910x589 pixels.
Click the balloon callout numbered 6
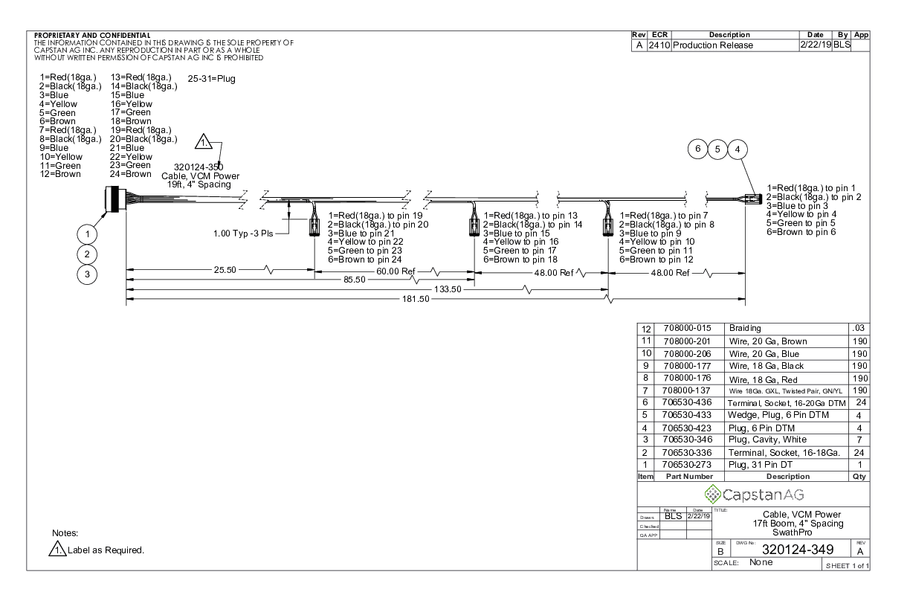click(x=697, y=149)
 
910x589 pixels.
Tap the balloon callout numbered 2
click(x=87, y=254)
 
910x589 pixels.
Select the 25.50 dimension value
click(x=225, y=270)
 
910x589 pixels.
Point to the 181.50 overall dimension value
click(x=416, y=299)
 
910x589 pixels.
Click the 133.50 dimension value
click(x=448, y=289)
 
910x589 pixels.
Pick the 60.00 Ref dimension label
click(x=396, y=271)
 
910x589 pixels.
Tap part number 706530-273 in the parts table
click(x=686, y=465)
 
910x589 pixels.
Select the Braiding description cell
click(x=745, y=328)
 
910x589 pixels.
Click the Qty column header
click(x=859, y=477)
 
